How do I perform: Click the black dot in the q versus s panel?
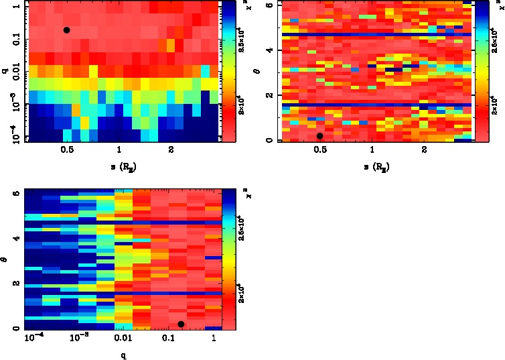point(66,30)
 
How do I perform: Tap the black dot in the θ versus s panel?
point(320,136)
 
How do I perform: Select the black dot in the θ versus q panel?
point(181,324)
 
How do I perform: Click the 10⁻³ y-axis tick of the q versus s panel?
point(14,104)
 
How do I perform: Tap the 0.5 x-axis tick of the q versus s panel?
point(67,150)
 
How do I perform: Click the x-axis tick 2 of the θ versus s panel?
point(424,150)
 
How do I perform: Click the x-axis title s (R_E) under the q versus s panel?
point(119,166)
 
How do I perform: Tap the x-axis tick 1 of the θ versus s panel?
point(372,150)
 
